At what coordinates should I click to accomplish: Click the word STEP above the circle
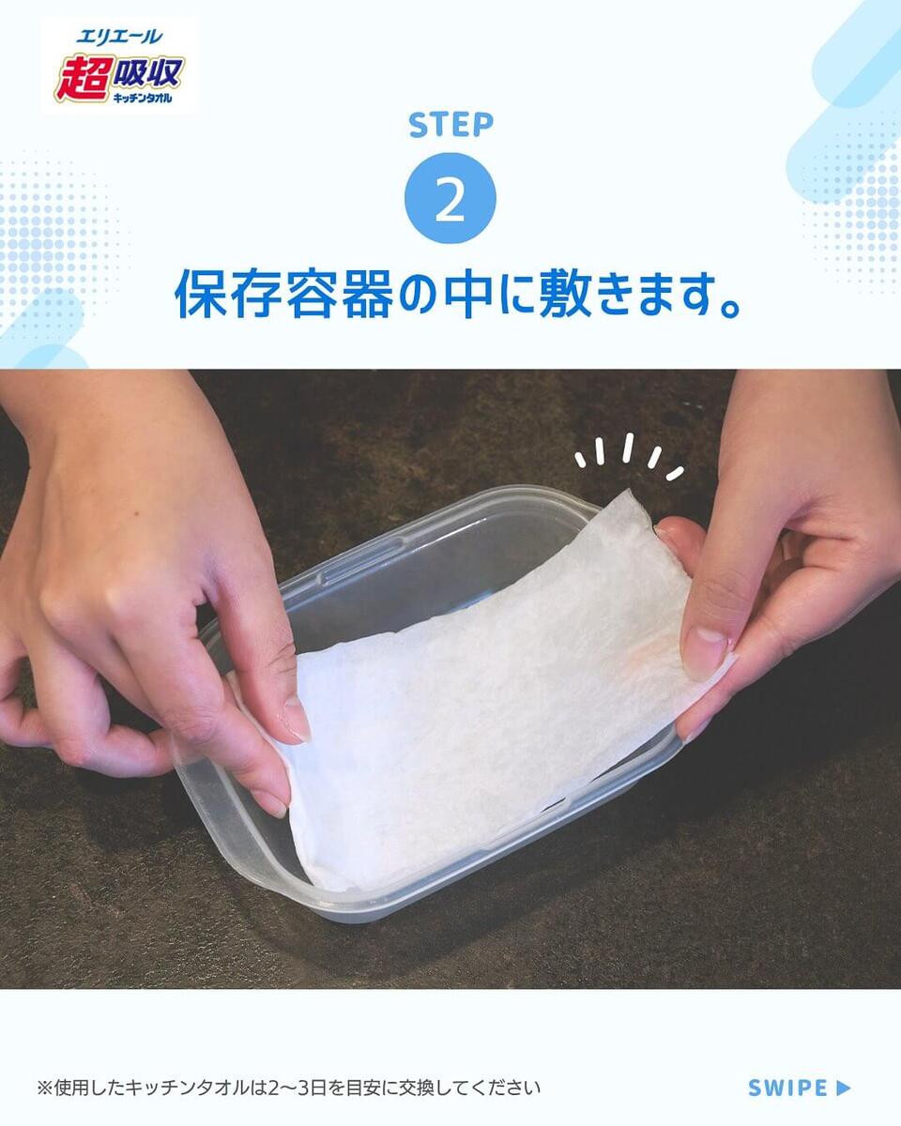point(450,125)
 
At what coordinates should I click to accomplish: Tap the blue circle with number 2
point(450,198)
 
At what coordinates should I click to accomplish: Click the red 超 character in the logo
point(83,79)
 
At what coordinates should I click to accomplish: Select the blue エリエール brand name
point(120,37)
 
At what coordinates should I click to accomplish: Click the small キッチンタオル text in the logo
point(143,98)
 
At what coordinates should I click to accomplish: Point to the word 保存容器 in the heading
point(284,294)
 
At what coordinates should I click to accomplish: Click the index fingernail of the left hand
point(298,720)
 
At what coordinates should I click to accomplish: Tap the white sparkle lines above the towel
point(629,457)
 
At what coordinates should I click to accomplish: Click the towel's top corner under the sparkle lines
point(628,491)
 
